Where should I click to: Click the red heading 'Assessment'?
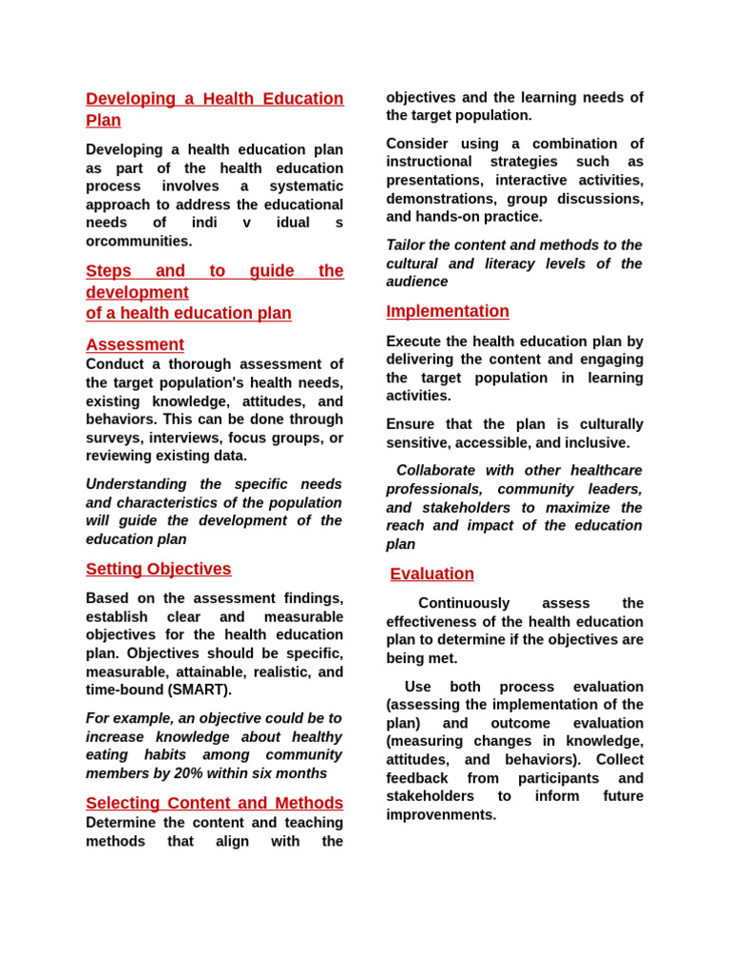coord(135,344)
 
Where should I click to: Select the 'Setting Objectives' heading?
coord(158,569)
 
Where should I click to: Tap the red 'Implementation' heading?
coord(447,311)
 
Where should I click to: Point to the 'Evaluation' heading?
coord(432,574)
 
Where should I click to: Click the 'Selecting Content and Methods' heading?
coord(214,803)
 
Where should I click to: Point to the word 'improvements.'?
coord(441,814)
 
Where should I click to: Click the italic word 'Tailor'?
coord(406,244)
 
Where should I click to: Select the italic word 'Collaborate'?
coord(439,470)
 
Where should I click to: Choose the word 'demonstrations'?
coord(441,199)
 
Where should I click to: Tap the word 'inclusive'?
coord(598,442)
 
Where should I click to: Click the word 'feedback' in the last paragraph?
coord(415,778)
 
